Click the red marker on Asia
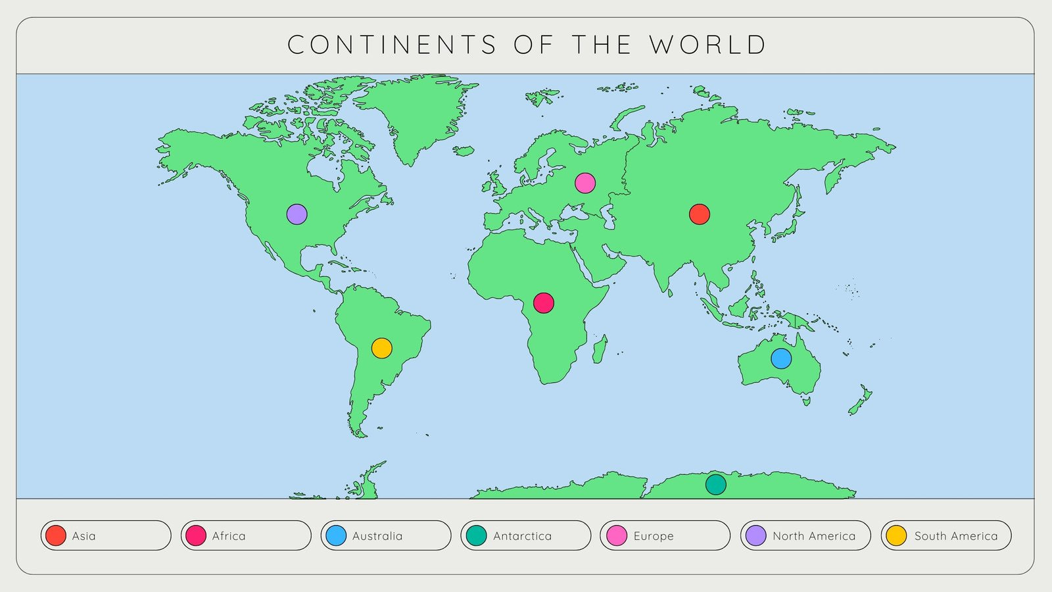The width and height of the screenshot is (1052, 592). pos(699,214)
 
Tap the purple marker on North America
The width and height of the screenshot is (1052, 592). pos(297,214)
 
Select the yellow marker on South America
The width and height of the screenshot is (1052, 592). pos(381,347)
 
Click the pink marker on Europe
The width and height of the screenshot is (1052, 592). pos(585,183)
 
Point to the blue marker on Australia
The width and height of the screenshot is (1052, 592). pos(780,358)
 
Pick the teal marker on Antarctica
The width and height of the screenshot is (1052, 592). pos(715,484)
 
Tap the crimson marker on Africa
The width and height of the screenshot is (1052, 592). pos(543,303)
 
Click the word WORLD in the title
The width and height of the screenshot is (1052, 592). pos(708,45)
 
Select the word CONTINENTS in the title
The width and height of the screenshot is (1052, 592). pos(392,45)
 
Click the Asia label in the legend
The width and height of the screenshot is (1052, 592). pos(84,536)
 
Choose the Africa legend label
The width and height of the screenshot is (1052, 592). pos(229,536)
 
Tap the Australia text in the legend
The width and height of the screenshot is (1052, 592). pos(377,536)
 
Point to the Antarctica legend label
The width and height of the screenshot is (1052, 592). pos(523,536)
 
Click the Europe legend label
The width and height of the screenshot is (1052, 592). pos(654,536)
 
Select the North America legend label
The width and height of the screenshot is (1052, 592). pos(814,536)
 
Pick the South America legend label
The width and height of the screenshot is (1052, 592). pos(956,536)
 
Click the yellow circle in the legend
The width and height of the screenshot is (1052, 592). pos(896,535)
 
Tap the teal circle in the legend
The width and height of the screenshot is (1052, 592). pos(476,535)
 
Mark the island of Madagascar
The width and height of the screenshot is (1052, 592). pos(600,349)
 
